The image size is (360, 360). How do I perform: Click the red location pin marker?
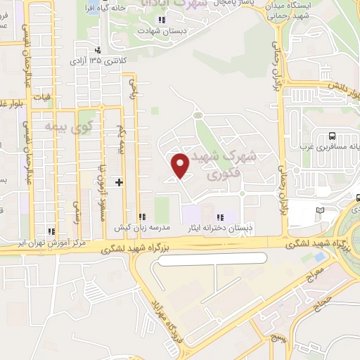tap(181, 165)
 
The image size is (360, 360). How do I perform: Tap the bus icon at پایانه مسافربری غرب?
tap(331, 136)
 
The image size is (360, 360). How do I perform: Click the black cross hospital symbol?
tap(119, 182)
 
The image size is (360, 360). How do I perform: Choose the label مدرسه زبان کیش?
tap(163, 228)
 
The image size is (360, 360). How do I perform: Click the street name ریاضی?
tap(131, 89)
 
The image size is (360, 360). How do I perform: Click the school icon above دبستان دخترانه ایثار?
tap(220, 217)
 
